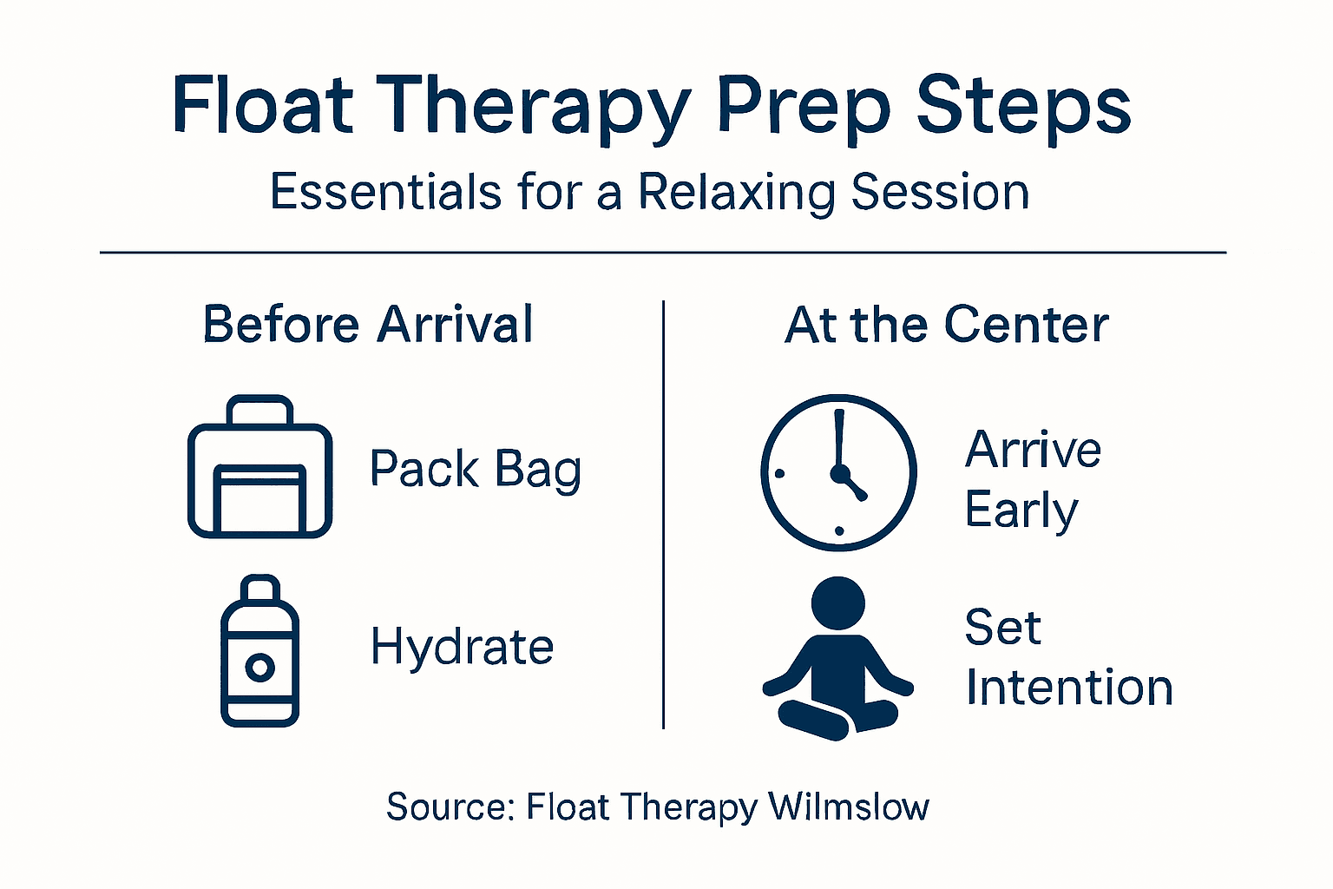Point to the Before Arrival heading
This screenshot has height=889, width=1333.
tap(368, 325)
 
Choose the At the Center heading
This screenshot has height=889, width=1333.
tap(947, 325)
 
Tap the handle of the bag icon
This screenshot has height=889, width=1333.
tap(259, 408)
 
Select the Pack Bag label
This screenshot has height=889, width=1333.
tap(476, 470)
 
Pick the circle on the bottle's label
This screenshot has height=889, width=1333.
tap(259, 668)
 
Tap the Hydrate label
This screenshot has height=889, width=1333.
tap(462, 648)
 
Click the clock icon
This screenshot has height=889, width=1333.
tap(838, 472)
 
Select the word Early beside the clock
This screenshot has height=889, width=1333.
tap(1021, 510)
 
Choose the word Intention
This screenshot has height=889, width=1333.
tap(1069, 688)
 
